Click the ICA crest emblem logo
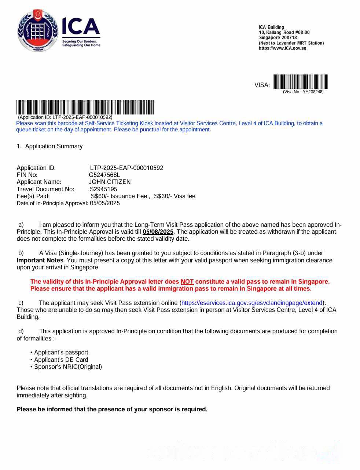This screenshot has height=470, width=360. [x=38, y=30]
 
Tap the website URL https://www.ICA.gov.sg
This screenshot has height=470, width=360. [x=282, y=48]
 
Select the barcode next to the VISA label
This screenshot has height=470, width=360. [x=300, y=82]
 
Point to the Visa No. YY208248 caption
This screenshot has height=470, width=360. [x=303, y=92]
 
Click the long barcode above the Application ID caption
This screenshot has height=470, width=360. [x=85, y=107]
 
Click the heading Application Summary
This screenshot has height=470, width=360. [x=54, y=146]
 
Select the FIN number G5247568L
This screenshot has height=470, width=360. [x=104, y=175]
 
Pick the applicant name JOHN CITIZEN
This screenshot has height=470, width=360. [x=110, y=182]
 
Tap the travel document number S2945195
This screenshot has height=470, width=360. [x=103, y=189]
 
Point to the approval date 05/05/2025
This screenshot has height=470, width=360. [x=105, y=203]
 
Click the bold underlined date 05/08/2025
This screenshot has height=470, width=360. [x=158, y=232]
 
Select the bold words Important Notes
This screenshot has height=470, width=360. [x=40, y=260]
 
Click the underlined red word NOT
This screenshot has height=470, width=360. [x=187, y=281]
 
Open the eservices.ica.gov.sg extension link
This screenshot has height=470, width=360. [x=252, y=303]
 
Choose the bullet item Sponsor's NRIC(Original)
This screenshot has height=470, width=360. [x=68, y=367]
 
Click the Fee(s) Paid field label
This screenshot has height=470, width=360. [x=33, y=196]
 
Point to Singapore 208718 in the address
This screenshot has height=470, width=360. [x=278, y=37]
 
